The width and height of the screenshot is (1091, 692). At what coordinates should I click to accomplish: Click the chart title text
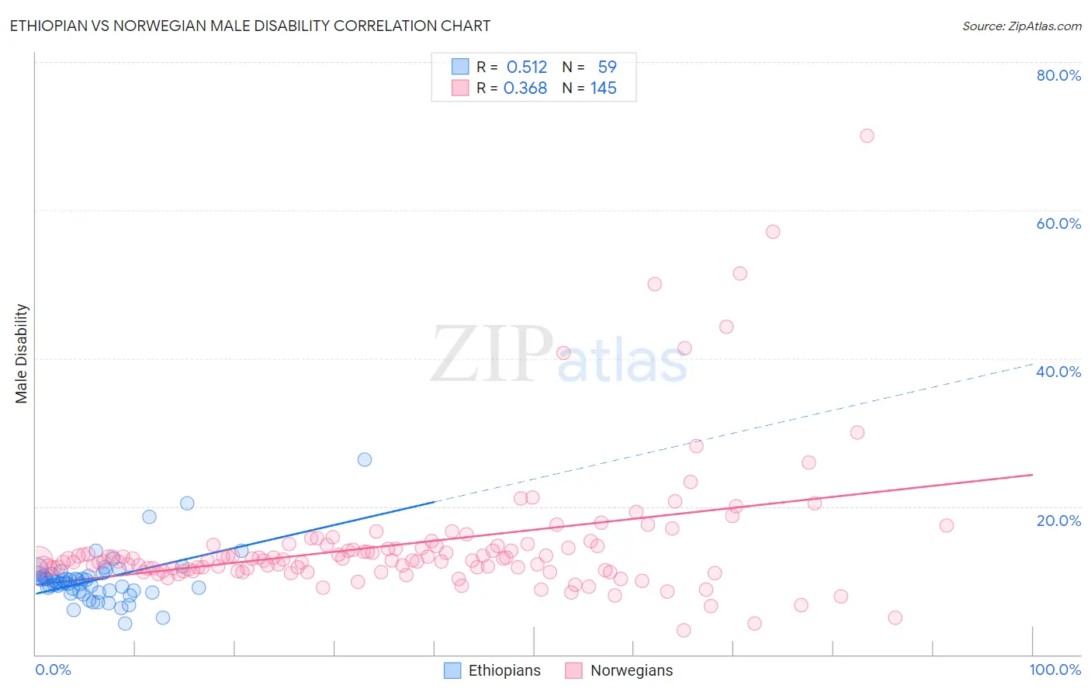tap(250, 26)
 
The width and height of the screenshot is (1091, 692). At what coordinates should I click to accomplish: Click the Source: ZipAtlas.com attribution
tap(1021, 26)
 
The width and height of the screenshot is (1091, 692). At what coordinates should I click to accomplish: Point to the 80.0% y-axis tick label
tap(1058, 75)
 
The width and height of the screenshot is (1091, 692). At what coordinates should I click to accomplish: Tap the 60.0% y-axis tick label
tap(1058, 223)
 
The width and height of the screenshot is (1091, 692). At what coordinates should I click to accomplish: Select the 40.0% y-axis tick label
tap(1058, 372)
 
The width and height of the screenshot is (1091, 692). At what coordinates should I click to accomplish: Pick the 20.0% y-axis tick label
tap(1058, 520)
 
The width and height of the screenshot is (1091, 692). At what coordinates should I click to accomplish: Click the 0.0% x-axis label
tap(53, 670)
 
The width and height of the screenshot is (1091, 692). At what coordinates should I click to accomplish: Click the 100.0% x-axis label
tap(1055, 670)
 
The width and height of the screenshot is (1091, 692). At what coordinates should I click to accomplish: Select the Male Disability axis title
tap(22, 354)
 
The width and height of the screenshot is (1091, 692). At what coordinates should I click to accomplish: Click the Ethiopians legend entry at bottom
tap(493, 670)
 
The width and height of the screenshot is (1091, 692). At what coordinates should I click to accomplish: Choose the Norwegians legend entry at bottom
tap(619, 670)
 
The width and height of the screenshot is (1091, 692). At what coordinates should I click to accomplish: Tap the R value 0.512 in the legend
tap(527, 67)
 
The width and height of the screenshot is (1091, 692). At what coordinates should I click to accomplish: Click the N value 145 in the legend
tap(603, 88)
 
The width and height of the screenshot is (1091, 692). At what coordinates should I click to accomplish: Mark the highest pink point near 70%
tap(867, 136)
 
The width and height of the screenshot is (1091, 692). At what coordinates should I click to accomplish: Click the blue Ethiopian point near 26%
tap(365, 459)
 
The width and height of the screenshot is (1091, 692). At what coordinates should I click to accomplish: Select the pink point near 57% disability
tap(773, 232)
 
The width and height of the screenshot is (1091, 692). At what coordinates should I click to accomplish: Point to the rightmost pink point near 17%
tap(946, 525)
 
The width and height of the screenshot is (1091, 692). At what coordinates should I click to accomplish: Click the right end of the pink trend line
tap(1032, 474)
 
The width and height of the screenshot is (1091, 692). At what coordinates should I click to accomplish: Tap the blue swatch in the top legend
tap(460, 67)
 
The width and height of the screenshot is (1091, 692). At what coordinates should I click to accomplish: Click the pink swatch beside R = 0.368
tap(460, 88)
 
